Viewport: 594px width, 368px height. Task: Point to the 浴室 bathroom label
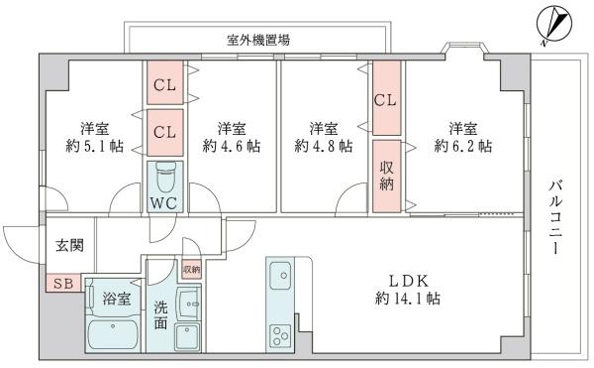pyautogui.click(x=115, y=297)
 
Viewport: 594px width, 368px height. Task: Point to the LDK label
pyautogui.click(x=408, y=280)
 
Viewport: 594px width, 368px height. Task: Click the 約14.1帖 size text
pyautogui.click(x=408, y=298)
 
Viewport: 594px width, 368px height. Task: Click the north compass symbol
pyautogui.click(x=552, y=22)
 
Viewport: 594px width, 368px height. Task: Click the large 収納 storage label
pyautogui.click(x=388, y=176)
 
